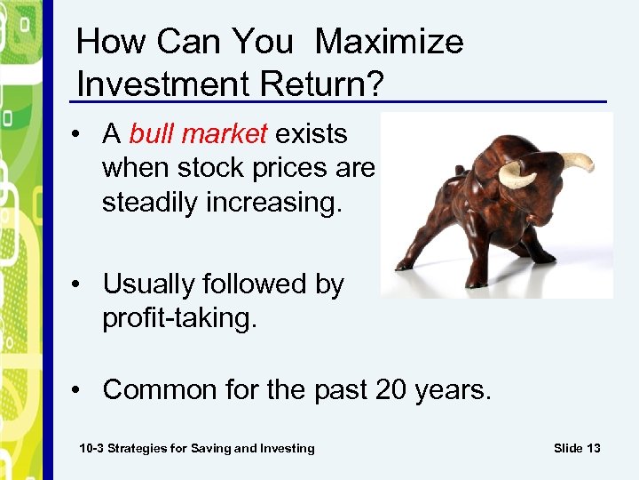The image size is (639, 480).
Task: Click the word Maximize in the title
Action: (389, 42)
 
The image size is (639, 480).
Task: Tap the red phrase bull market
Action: (198, 134)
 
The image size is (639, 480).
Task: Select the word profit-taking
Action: (179, 318)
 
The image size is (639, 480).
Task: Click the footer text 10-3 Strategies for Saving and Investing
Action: (197, 448)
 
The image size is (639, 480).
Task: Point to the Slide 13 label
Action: (577, 448)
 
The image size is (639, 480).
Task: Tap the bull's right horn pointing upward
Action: (578, 162)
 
